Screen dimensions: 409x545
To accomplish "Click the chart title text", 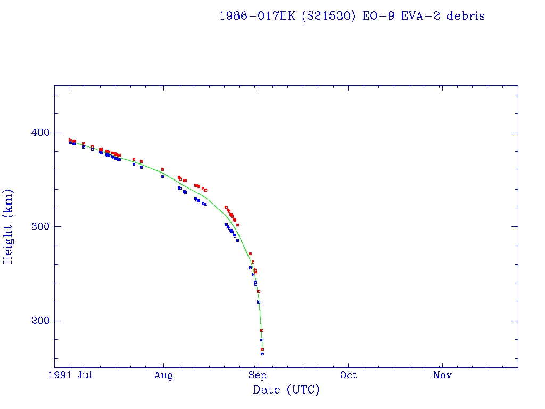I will tap(352, 16).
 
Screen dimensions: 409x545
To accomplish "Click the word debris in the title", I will tap(466, 16).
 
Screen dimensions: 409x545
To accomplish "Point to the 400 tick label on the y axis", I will tap(40, 133).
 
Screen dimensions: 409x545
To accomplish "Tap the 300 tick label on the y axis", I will tap(40, 227).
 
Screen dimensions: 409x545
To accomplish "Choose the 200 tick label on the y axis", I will tap(40, 321).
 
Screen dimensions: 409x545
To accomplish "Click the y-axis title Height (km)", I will tap(9, 226).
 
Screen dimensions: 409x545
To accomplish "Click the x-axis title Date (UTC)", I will tap(286, 390).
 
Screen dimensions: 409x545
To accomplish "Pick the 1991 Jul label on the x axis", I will tap(73, 375).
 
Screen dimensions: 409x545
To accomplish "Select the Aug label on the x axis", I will tap(164, 375).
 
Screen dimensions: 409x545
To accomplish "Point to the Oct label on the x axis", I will tap(349, 375).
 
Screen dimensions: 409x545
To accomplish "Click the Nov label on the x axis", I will tap(442, 375).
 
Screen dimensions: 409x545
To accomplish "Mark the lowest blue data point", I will tap(262, 354).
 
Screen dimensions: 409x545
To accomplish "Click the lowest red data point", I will tap(262, 349).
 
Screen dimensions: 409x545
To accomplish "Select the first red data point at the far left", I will tap(70, 140).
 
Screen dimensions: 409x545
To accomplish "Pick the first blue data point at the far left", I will tap(70, 143).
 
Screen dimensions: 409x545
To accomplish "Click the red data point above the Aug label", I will tap(162, 169).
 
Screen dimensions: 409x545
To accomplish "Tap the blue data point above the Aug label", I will tap(162, 176).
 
